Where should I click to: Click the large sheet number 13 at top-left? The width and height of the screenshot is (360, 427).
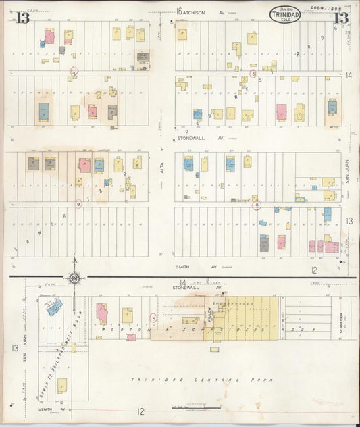[x=24, y=18]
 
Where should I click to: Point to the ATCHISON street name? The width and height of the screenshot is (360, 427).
[x=201, y=11]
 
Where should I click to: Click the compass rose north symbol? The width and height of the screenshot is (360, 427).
[x=74, y=278]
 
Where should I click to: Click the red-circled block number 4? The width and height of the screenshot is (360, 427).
[x=75, y=71]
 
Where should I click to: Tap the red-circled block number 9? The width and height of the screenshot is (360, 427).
[x=78, y=204]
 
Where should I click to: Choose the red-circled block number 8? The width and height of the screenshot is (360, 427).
[x=257, y=205]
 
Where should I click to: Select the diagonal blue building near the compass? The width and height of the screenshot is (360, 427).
[x=55, y=307]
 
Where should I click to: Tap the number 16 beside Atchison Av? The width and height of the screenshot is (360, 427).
[x=180, y=11]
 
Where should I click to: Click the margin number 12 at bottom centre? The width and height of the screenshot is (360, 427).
[x=141, y=411]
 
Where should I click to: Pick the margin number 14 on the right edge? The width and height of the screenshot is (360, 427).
[x=349, y=75]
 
